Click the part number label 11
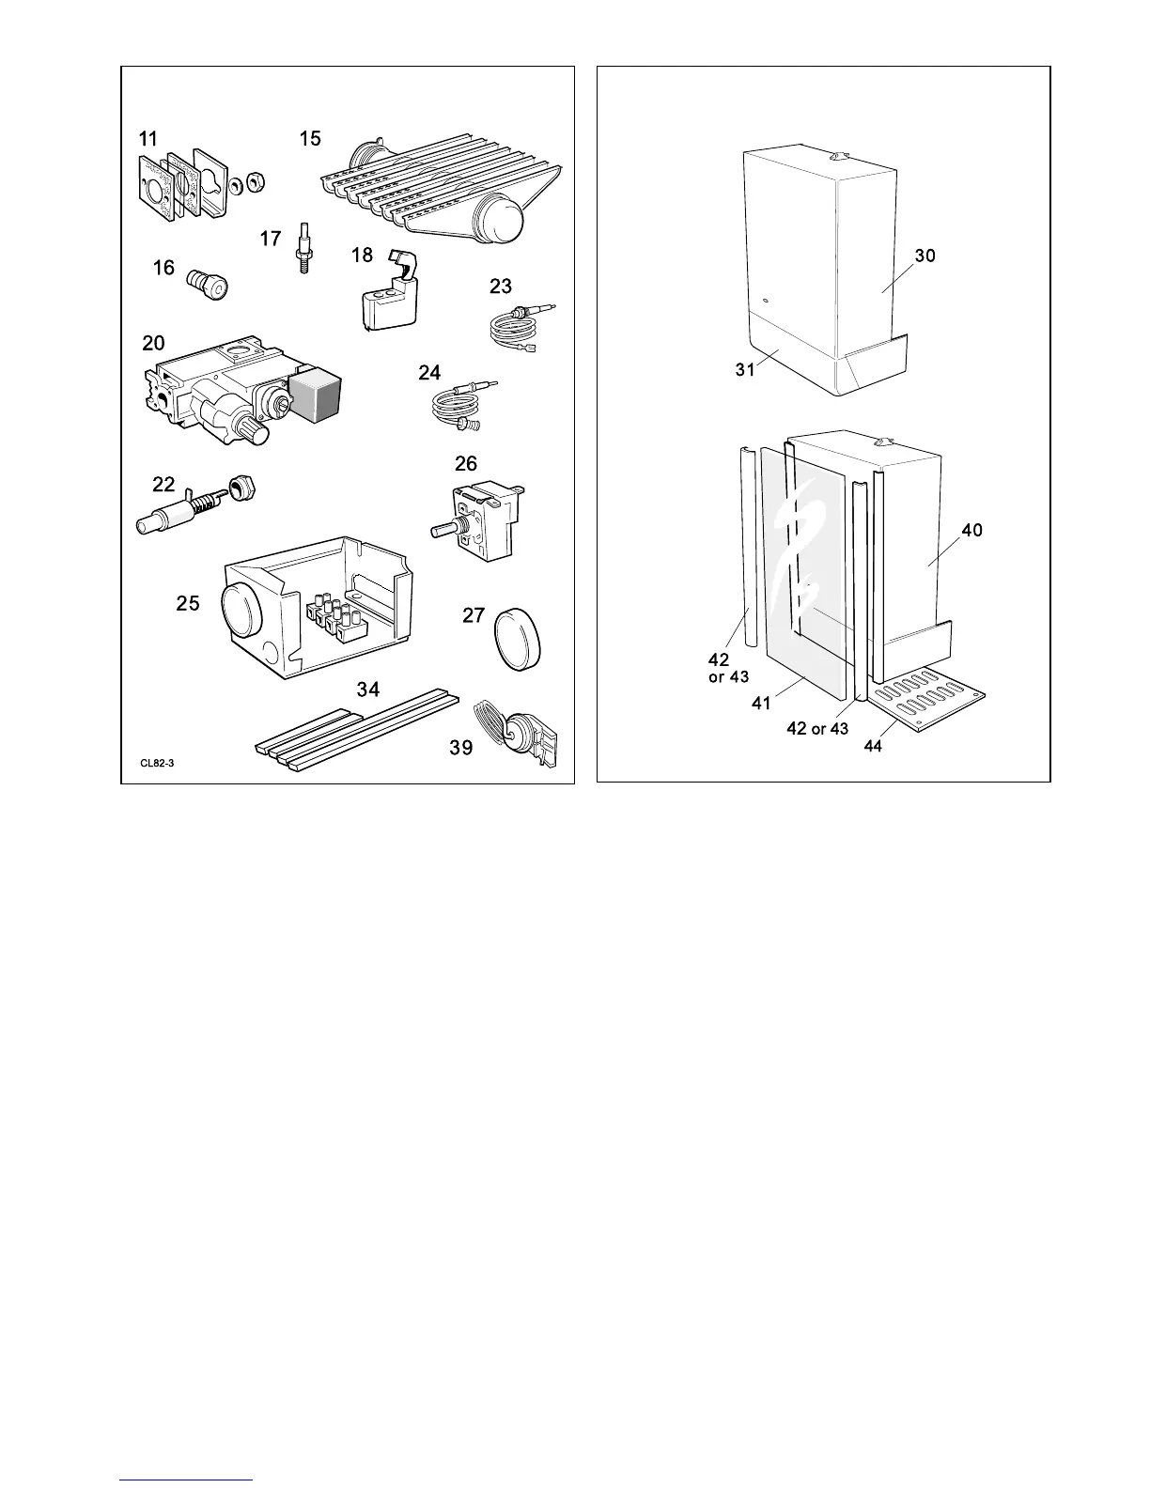click(x=148, y=139)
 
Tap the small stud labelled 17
click(x=303, y=247)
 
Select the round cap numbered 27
click(x=514, y=639)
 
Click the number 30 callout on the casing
click(x=925, y=256)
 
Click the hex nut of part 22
click(x=245, y=488)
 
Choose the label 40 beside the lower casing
click(x=971, y=531)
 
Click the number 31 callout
click(x=745, y=370)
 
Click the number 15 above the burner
click(x=310, y=139)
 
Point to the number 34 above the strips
click(x=367, y=690)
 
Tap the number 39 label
click(x=460, y=749)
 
